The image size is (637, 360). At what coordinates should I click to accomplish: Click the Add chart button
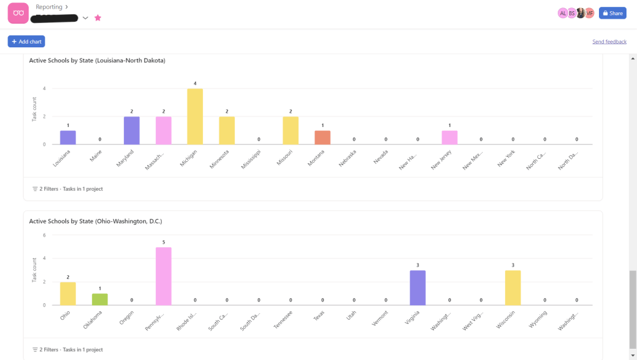pyautogui.click(x=26, y=42)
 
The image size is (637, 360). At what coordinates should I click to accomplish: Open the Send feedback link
pyautogui.click(x=609, y=42)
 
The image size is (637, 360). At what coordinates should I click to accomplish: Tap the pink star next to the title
pyautogui.click(x=98, y=18)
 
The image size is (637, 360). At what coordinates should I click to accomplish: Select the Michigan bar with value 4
pyautogui.click(x=195, y=116)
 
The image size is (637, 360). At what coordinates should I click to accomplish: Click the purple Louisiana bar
pyautogui.click(x=68, y=138)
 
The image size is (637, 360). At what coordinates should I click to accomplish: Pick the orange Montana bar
pyautogui.click(x=322, y=138)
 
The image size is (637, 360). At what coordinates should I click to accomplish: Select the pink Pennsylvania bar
pyautogui.click(x=163, y=276)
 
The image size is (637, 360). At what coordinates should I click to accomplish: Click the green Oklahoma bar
pyautogui.click(x=100, y=299)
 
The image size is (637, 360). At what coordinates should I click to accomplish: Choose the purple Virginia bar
pyautogui.click(x=418, y=288)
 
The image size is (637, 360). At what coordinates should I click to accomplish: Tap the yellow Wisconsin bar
pyautogui.click(x=513, y=288)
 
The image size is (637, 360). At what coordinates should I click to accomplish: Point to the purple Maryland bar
pyautogui.click(x=131, y=130)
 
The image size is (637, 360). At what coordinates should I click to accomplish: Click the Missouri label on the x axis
pyautogui.click(x=285, y=157)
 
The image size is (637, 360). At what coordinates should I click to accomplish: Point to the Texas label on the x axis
pyautogui.click(x=319, y=316)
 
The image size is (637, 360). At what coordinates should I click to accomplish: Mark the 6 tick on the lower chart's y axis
pyautogui.click(x=44, y=235)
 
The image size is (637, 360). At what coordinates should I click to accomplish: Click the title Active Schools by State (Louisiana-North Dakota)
pyautogui.click(x=97, y=60)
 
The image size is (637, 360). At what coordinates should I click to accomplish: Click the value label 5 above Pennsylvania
pyautogui.click(x=163, y=242)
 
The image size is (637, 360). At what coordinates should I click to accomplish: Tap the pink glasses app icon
pyautogui.click(x=18, y=13)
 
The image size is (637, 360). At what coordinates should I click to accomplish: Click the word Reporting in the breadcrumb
pyautogui.click(x=49, y=7)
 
